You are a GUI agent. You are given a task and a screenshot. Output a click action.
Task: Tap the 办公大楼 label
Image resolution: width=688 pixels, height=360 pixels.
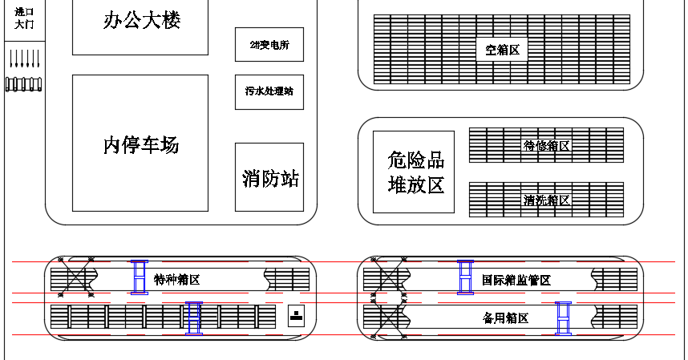click(x=142, y=20)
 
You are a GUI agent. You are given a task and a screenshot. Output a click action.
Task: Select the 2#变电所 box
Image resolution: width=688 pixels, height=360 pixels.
click(x=269, y=45)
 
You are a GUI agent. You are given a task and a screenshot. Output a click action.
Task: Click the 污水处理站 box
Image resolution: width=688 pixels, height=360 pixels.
click(x=269, y=91)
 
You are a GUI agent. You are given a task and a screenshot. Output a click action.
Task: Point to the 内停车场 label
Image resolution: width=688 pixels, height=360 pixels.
click(x=141, y=145)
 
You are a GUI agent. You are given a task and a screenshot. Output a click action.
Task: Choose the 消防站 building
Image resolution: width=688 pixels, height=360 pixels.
click(x=269, y=177)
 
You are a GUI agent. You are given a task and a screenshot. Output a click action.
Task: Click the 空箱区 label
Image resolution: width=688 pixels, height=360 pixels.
click(x=502, y=50)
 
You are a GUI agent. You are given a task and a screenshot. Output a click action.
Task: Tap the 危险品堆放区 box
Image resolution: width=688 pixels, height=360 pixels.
click(x=414, y=172)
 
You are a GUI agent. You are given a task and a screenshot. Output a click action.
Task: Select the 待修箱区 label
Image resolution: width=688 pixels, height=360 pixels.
click(x=546, y=146)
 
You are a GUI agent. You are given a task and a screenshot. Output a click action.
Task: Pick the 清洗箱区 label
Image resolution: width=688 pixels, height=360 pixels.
click(x=546, y=200)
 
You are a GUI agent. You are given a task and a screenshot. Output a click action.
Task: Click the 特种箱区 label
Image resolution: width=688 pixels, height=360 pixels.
click(x=176, y=280)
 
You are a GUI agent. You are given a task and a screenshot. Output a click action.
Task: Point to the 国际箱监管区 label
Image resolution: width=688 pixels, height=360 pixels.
click(x=516, y=281)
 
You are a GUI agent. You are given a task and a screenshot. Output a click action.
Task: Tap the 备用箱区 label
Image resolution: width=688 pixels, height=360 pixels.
click(x=505, y=318)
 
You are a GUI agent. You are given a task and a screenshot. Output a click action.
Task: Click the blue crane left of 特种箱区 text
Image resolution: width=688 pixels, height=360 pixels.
click(x=140, y=277)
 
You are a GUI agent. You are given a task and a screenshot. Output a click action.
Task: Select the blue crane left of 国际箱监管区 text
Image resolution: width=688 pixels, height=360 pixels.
click(x=465, y=277)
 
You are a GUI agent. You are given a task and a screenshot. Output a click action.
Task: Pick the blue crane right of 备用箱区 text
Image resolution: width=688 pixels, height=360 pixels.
click(x=564, y=318)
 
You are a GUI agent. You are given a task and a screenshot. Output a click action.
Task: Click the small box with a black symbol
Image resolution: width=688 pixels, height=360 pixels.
click(x=297, y=315)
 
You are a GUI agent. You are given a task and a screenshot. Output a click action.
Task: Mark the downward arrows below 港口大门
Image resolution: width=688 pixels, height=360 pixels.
click(x=24, y=59)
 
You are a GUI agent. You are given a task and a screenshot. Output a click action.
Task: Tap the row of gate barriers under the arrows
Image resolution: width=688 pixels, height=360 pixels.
click(x=24, y=83)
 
